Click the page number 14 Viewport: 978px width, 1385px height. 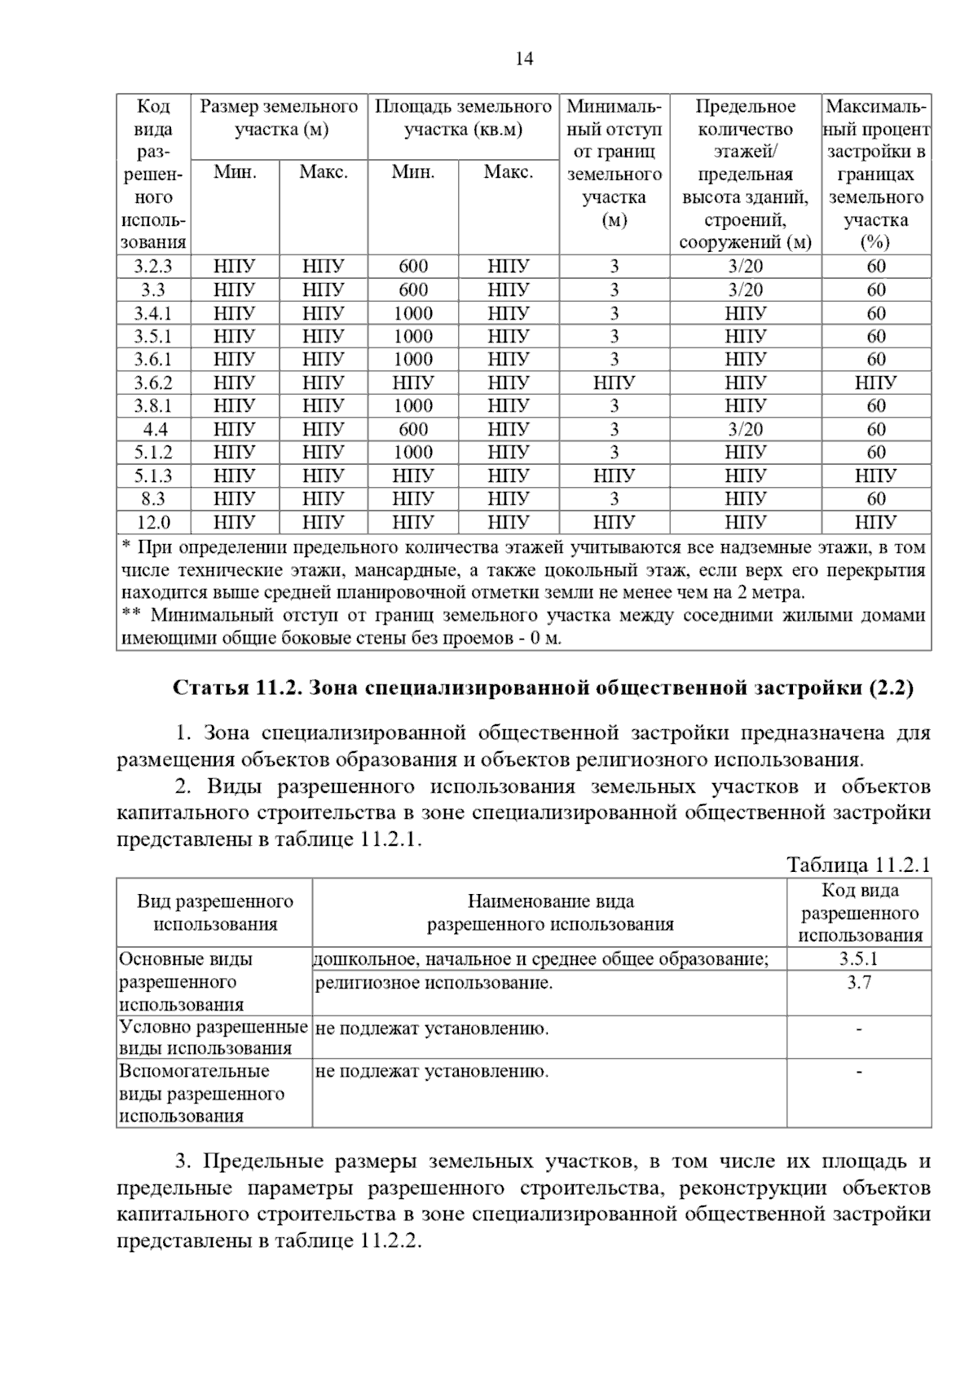point(525,59)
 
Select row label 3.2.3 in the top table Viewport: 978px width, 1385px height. point(153,266)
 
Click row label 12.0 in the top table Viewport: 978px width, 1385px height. point(153,522)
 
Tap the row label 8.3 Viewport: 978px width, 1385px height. point(153,498)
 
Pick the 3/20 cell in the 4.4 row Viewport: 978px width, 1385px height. point(745,429)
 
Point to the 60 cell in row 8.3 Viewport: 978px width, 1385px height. point(876,498)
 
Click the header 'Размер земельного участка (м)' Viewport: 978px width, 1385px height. point(280,118)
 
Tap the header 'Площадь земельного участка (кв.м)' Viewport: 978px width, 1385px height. point(463,118)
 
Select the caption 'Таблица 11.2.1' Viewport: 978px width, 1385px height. point(858,865)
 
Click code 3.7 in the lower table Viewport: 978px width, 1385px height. point(859,983)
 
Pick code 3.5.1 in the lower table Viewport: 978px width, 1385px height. point(859,959)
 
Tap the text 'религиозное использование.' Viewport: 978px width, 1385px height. point(434,983)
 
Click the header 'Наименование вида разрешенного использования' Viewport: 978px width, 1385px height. point(550,913)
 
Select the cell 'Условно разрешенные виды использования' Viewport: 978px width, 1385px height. point(214,1038)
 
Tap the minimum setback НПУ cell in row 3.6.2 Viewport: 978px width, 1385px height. point(614,383)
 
